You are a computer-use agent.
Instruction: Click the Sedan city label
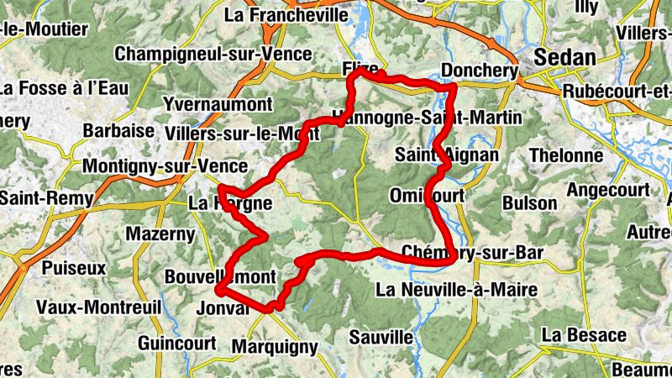[567, 58]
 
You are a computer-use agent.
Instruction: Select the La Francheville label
[286, 14]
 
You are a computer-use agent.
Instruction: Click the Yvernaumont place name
[218, 104]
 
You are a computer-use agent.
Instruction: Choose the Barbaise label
[118, 131]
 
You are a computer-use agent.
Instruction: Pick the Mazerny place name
[160, 234]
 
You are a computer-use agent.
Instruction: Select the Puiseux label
[74, 269]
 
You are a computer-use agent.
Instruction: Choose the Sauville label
[382, 337]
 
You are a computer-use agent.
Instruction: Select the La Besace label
[583, 334]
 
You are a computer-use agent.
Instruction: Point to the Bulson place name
[529, 203]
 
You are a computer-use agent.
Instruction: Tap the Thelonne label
[566, 155]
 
